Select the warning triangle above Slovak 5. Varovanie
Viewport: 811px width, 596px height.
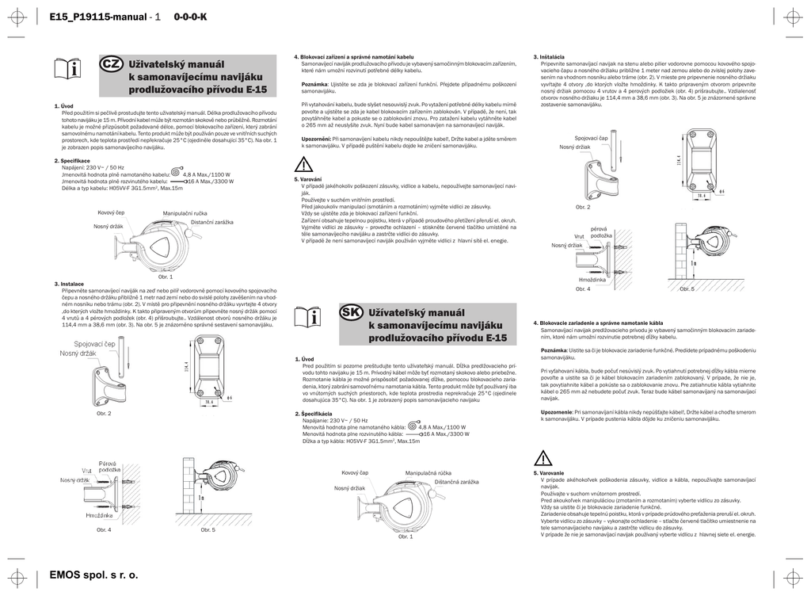click(543, 457)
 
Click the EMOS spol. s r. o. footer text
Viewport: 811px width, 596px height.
click(93, 575)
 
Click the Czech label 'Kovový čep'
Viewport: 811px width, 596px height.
click(112, 212)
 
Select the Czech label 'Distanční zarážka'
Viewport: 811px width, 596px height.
click(211, 222)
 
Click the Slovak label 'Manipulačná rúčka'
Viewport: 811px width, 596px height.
click(428, 473)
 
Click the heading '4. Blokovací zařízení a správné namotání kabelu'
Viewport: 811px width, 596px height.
click(354, 56)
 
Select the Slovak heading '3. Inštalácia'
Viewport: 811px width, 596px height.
click(549, 56)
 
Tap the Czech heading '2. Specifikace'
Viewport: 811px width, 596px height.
click(72, 161)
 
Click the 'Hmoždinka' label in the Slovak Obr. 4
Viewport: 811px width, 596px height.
click(592, 280)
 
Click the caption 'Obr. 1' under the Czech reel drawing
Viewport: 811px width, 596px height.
click(166, 276)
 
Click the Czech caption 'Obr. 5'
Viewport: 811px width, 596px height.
click(208, 529)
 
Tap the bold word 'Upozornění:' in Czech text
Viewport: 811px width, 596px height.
click(316, 138)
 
